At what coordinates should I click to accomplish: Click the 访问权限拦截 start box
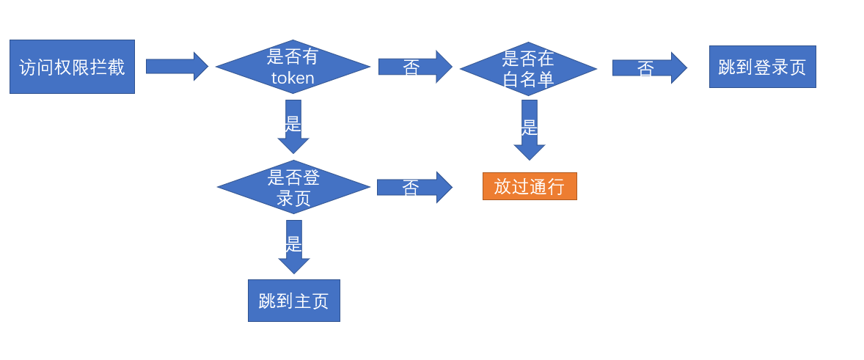tap(72, 67)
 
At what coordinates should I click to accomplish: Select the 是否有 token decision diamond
tap(293, 67)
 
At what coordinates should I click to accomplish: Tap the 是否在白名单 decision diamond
tap(528, 69)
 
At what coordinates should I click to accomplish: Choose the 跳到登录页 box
tap(762, 67)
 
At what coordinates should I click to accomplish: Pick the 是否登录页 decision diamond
tap(293, 187)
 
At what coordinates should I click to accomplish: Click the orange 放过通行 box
tap(530, 186)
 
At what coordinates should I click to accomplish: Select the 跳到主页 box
tap(293, 301)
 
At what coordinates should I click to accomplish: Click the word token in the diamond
tap(293, 78)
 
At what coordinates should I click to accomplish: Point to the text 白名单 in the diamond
tap(528, 79)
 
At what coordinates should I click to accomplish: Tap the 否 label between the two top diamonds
tap(411, 67)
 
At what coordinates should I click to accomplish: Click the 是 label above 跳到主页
tap(293, 243)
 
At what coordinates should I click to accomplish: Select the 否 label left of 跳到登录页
tap(645, 69)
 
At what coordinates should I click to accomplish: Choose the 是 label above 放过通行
tap(530, 128)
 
